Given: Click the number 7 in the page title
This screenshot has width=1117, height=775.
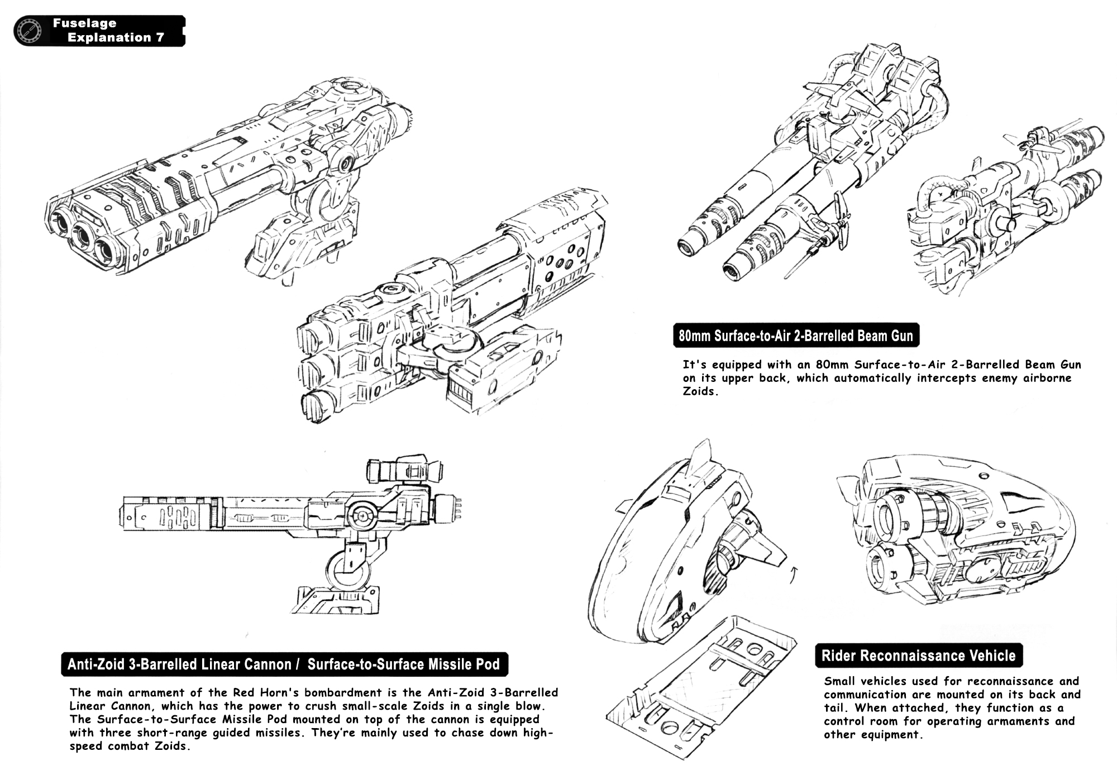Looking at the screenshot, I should [160, 38].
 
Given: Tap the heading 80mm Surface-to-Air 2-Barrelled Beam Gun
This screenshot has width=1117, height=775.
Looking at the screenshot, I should [796, 336].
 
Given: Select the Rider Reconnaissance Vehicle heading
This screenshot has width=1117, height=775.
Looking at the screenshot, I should [918, 656].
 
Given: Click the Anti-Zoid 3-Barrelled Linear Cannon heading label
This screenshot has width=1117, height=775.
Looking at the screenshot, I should [179, 664].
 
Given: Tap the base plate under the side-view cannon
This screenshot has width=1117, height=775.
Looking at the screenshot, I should [334, 601].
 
